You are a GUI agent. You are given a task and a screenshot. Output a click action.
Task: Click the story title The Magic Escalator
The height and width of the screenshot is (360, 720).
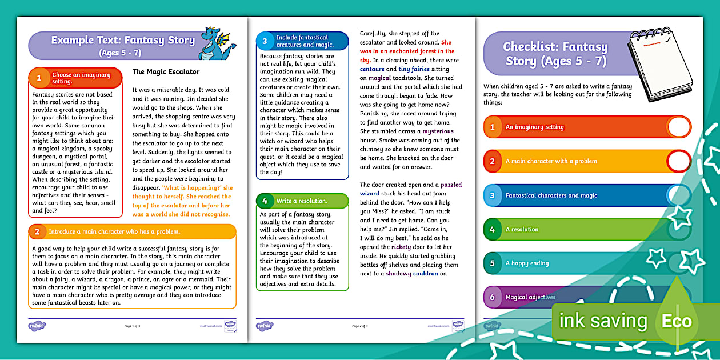click(x=166, y=72)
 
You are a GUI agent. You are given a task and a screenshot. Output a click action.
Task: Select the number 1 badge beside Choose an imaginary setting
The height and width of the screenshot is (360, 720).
click(x=39, y=78)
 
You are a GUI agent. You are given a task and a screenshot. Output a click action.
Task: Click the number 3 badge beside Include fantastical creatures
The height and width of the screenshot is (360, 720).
click(x=265, y=41)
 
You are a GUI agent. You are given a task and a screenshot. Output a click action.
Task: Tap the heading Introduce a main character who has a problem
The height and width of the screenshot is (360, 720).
click(x=114, y=232)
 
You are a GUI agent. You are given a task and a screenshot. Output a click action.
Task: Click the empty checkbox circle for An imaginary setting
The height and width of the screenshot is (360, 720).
click(x=679, y=127)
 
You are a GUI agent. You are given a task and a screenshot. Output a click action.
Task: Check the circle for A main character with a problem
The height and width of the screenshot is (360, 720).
click(x=679, y=161)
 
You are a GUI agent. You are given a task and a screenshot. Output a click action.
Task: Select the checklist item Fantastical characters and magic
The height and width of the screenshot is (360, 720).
click(x=551, y=195)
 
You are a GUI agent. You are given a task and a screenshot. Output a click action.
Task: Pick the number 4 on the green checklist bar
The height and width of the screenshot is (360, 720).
click(x=492, y=230)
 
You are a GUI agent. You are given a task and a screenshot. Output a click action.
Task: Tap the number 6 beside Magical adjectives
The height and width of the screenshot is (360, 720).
click(x=492, y=298)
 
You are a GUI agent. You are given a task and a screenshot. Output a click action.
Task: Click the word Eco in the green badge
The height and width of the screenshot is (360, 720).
click(x=677, y=321)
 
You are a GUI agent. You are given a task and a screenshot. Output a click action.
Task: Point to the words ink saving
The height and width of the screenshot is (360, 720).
click(x=603, y=321)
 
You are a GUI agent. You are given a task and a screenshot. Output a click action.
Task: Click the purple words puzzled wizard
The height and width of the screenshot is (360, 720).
click(x=411, y=189)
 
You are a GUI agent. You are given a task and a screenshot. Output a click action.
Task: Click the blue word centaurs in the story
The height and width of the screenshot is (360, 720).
click(x=372, y=69)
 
